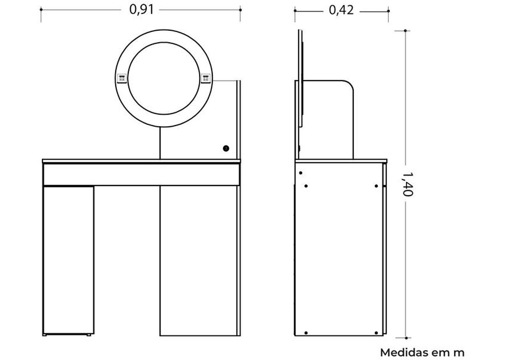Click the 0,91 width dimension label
tap(142, 9)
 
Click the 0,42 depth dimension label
tap(341, 10)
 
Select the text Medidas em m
tap(422, 352)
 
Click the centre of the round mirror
tap(164, 78)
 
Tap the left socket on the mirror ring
tap(121, 78)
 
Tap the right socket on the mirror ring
tap(205, 78)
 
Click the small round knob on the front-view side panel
tap(226, 149)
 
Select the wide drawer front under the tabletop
tap(141, 174)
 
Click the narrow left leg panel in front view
tap(68, 260)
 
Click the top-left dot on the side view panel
tap(301, 173)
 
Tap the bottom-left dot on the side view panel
tap(306, 333)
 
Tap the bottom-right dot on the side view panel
tap(376, 333)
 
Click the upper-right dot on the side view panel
tap(376, 186)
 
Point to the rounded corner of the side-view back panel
tap(349, 84)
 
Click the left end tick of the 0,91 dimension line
tap(41, 10)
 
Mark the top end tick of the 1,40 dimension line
tap(405, 31)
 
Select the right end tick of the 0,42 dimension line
tap(388, 11)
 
